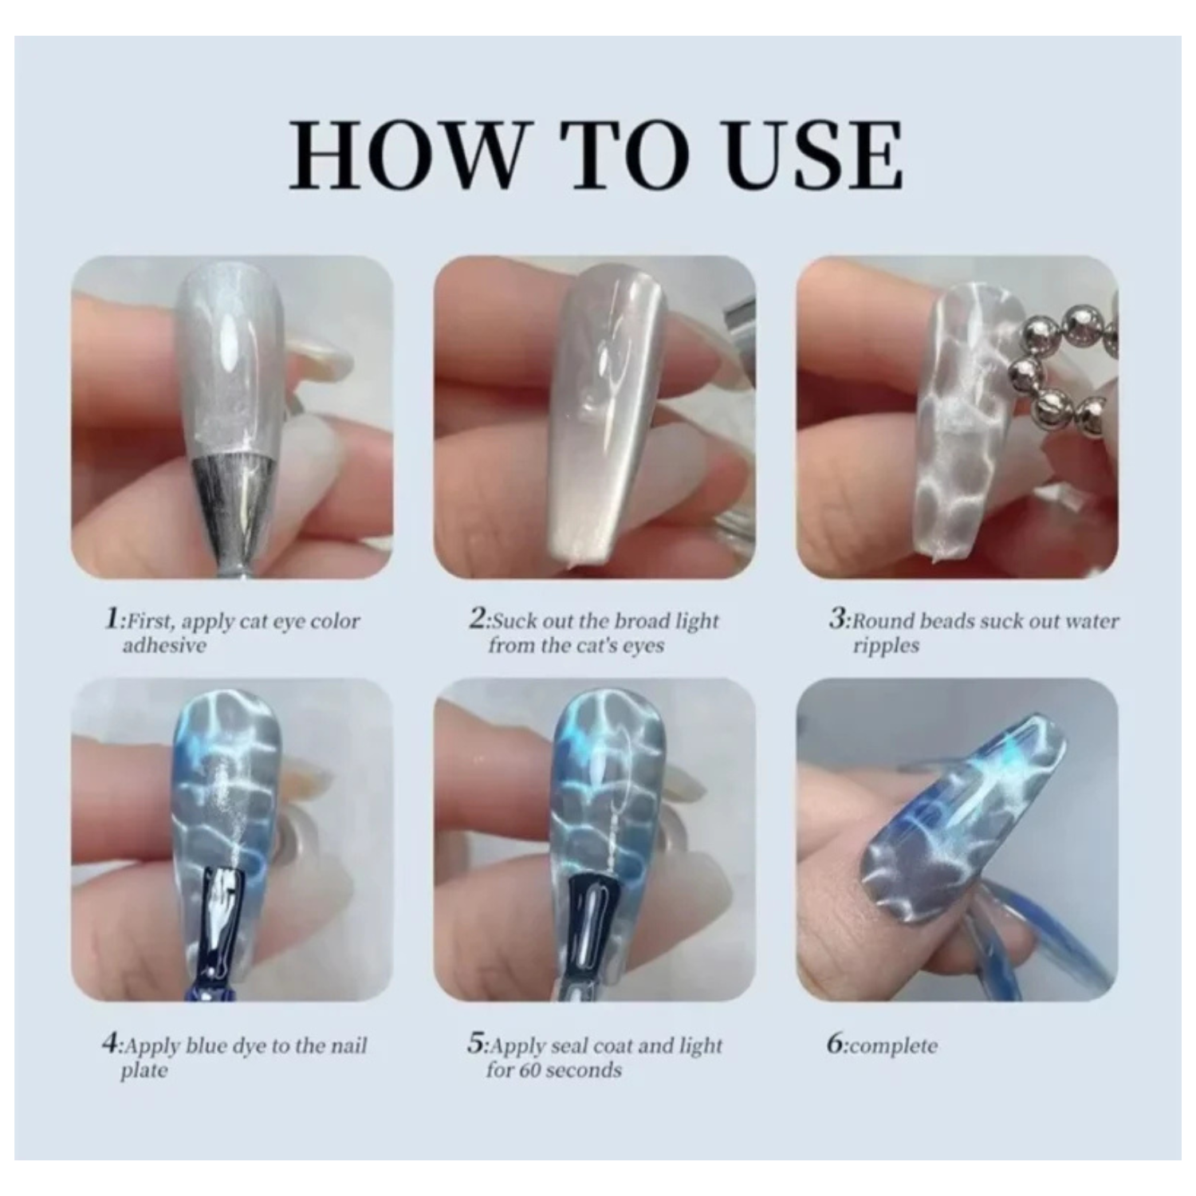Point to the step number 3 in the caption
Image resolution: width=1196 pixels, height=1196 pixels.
pyautogui.click(x=838, y=619)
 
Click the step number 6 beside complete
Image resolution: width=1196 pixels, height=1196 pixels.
pyautogui.click(x=836, y=1044)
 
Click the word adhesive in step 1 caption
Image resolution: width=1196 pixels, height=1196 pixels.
pyautogui.click(x=163, y=645)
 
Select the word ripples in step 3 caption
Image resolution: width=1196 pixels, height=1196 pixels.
pyautogui.click(x=886, y=646)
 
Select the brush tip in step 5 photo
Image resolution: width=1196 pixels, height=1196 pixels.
pyautogui.click(x=592, y=925)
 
